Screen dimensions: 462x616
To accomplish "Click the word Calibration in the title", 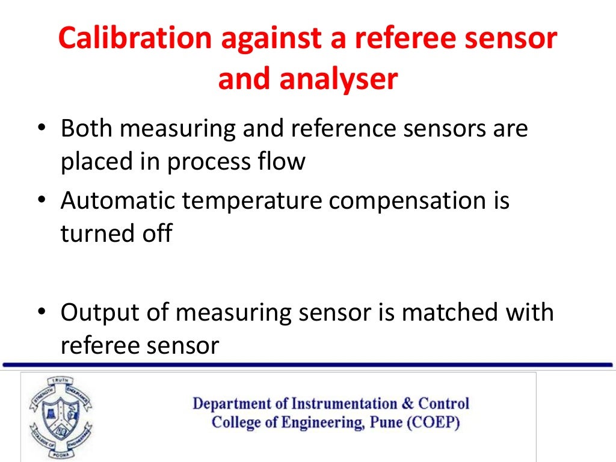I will (x=135, y=38).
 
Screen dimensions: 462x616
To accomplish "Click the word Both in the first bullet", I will (x=88, y=128).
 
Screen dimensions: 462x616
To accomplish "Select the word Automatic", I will (x=117, y=200).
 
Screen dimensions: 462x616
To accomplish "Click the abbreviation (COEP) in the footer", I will (x=433, y=422).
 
